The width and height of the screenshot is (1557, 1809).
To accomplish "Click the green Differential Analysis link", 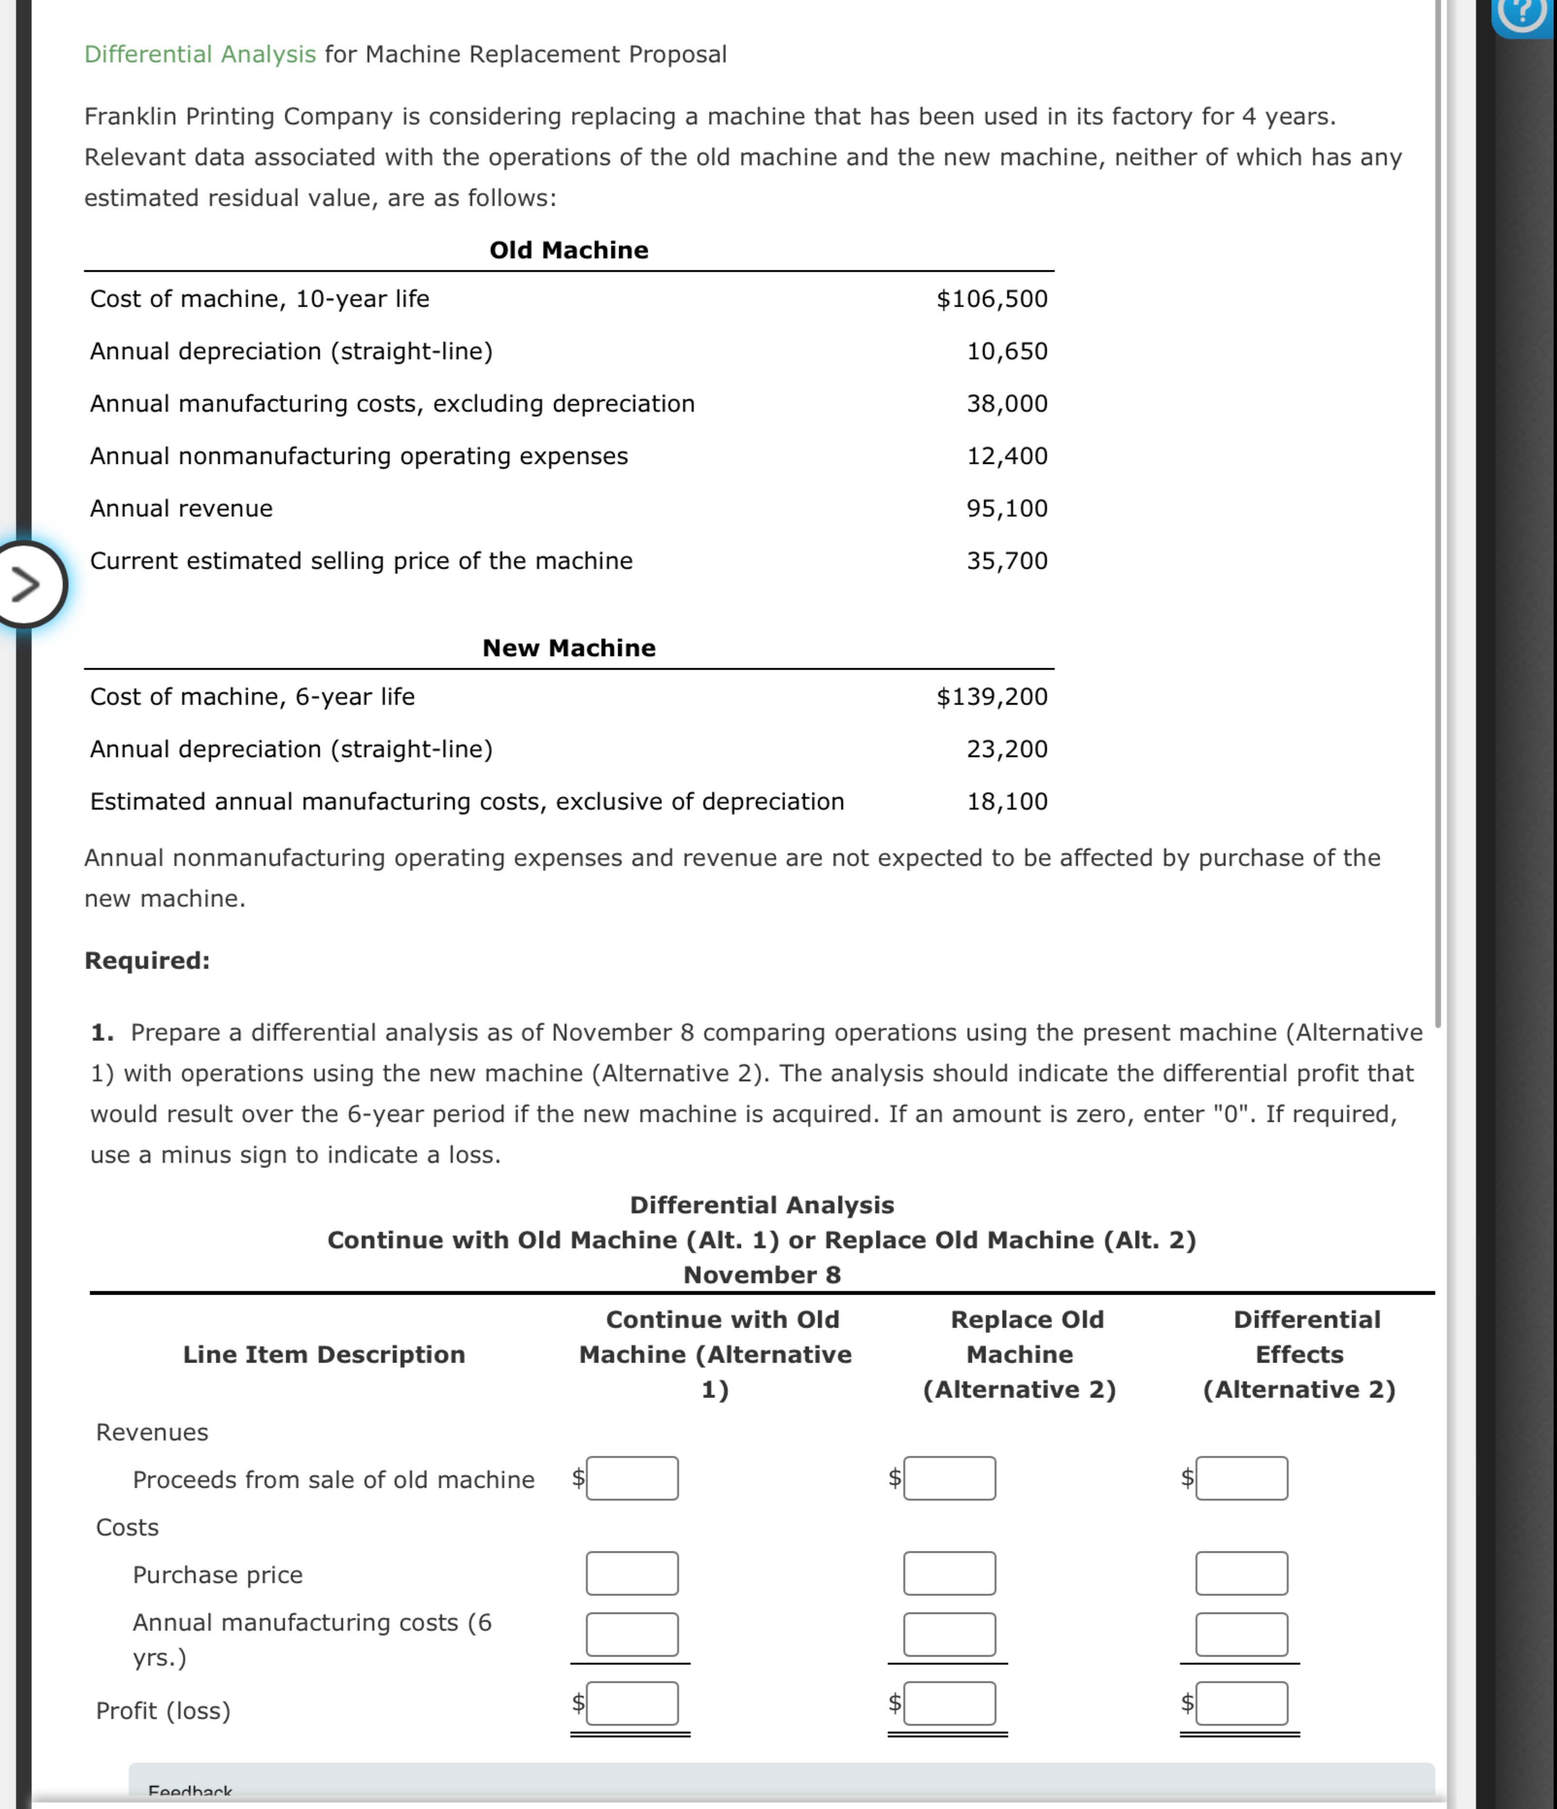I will [200, 54].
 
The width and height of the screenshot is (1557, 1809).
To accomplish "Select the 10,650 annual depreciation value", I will [1006, 351].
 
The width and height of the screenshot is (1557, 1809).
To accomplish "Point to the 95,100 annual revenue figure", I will [1006, 508].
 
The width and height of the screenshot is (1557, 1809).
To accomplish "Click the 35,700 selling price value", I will [1006, 560].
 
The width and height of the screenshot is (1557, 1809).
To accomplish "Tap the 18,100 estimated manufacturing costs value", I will [1006, 802].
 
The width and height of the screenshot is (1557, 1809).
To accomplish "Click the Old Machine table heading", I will [568, 250].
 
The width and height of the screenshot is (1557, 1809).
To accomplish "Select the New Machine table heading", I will [568, 648].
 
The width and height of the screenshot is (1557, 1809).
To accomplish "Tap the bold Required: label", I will [147, 960].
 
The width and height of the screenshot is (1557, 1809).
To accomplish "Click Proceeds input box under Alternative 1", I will [632, 1478].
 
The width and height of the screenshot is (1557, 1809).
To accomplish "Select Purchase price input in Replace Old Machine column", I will [949, 1573].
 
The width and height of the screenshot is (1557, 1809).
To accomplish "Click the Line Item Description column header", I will [324, 1354].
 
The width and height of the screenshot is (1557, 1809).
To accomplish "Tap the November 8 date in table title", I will [762, 1275].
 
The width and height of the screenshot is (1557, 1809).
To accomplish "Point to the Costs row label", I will [128, 1527].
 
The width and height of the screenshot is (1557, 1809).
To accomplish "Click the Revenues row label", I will [152, 1432].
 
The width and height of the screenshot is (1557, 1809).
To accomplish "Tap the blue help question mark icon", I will [1523, 12].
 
